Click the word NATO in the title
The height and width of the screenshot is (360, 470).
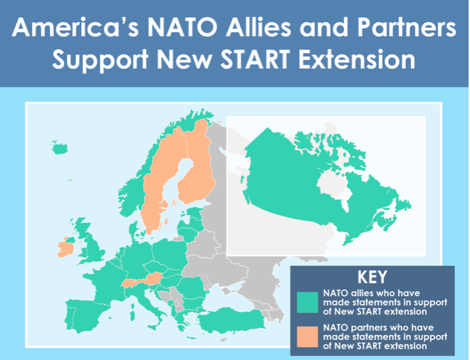click(182, 28)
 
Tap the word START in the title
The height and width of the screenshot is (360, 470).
click(254, 59)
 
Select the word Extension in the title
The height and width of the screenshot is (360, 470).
click(357, 59)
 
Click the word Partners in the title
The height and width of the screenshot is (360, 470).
click(407, 28)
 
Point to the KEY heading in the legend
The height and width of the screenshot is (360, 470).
click(372, 277)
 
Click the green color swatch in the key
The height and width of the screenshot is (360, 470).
click(307, 302)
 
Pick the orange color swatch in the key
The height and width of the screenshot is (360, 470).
click(307, 337)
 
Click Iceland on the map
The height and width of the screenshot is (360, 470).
click(59, 148)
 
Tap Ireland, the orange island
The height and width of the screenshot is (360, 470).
click(66, 248)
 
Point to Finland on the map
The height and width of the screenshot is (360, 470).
click(197, 168)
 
